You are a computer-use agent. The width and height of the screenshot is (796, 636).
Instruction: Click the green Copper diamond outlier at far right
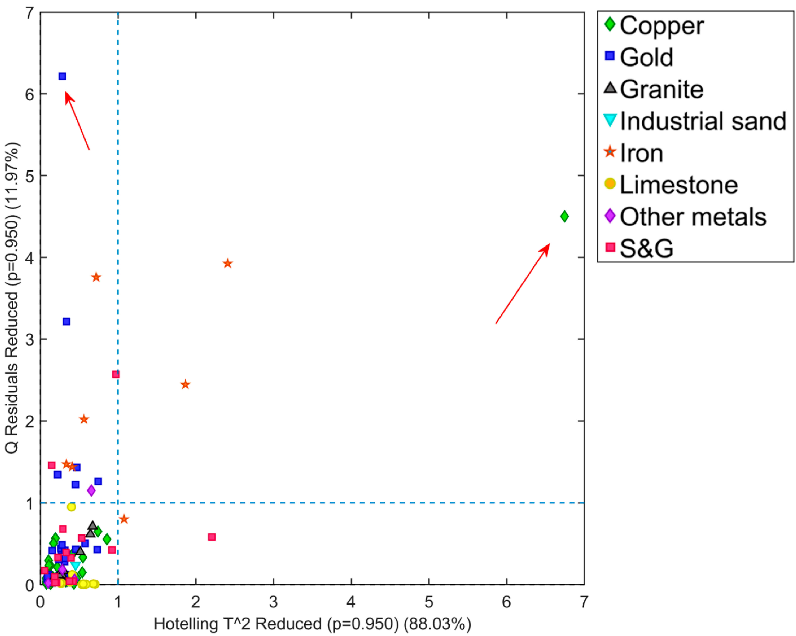564,216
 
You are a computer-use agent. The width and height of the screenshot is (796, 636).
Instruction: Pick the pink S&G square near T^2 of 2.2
212,537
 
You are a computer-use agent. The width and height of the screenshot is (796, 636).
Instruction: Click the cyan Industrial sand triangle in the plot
75,565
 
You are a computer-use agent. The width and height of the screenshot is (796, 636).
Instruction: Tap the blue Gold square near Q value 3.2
66,321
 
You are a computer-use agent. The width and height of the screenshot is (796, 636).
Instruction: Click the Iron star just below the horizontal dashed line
124,519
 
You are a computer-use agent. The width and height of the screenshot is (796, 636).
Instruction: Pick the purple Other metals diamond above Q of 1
91,491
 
